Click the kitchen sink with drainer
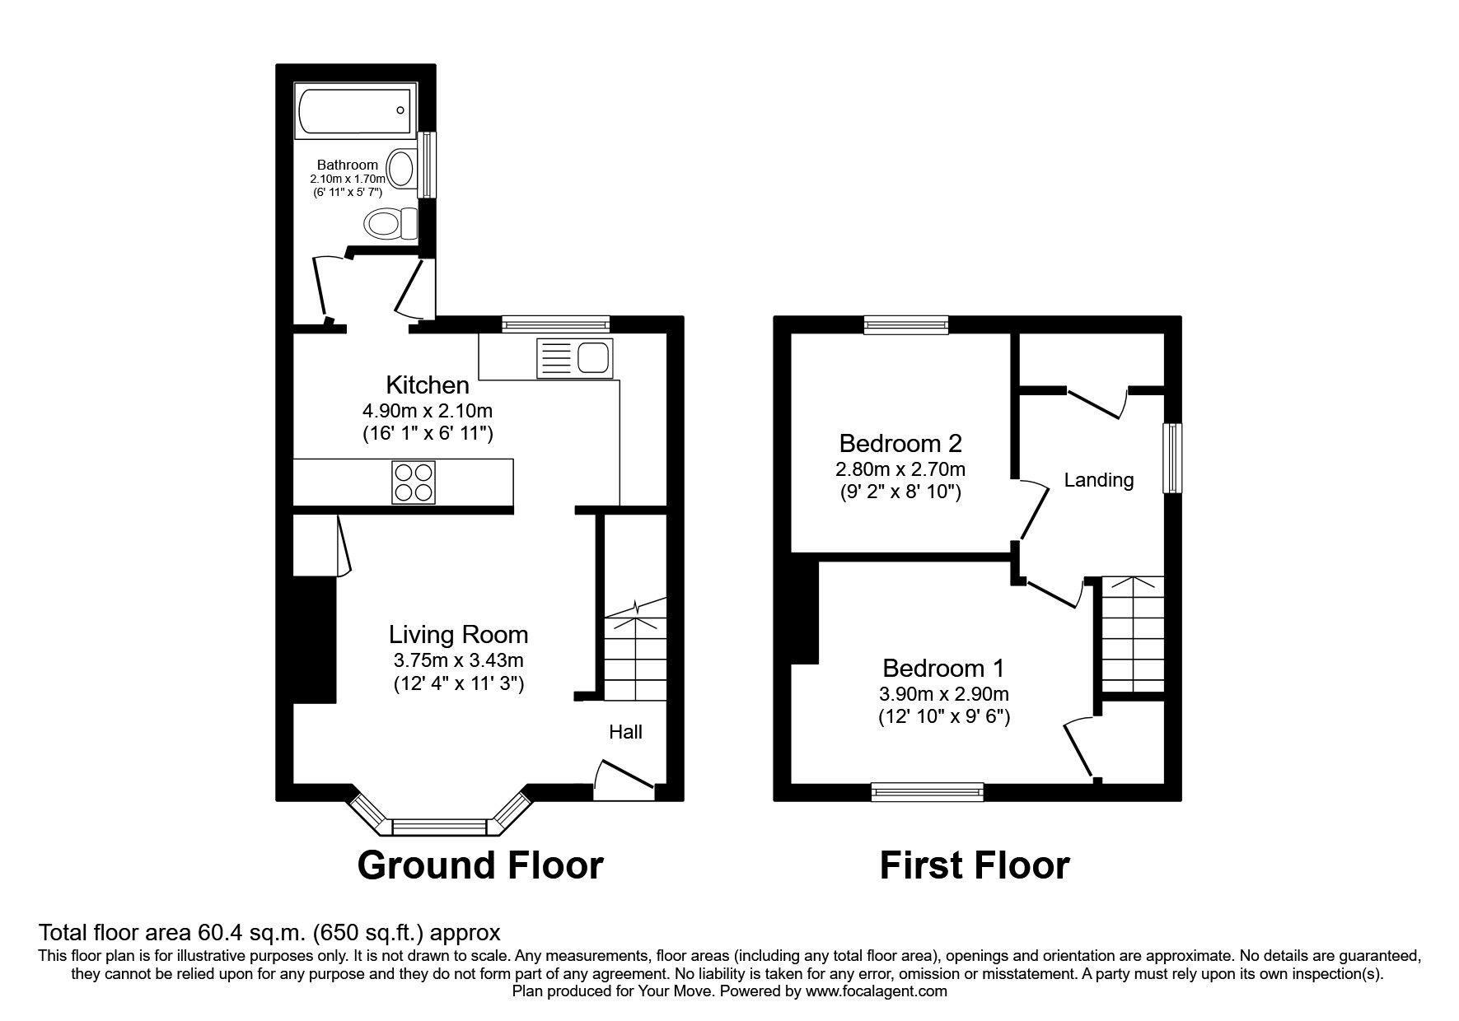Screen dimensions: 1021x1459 pyautogui.click(x=573, y=358)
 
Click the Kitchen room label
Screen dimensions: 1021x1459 pyautogui.click(x=428, y=385)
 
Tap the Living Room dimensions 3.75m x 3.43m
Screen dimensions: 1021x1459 pyautogui.click(x=458, y=660)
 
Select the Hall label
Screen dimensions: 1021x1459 pyautogui.click(x=625, y=732)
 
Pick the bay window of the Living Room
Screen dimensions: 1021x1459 pyautogui.click(x=439, y=825)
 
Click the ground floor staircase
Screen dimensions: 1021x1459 pyautogui.click(x=635, y=650)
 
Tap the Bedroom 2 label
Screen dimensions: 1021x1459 pyautogui.click(x=900, y=444)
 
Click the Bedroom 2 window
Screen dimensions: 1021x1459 pyautogui.click(x=906, y=325)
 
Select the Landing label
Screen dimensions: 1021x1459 pyautogui.click(x=1098, y=480)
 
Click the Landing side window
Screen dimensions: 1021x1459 pyautogui.click(x=1171, y=458)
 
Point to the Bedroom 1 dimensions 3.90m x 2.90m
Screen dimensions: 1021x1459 pyautogui.click(x=943, y=693)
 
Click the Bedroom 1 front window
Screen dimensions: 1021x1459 pyautogui.click(x=928, y=791)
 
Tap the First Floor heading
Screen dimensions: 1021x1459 pyautogui.click(x=975, y=865)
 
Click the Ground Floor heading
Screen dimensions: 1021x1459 pyautogui.click(x=480, y=865)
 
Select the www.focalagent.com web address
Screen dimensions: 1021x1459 pyautogui.click(x=877, y=991)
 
